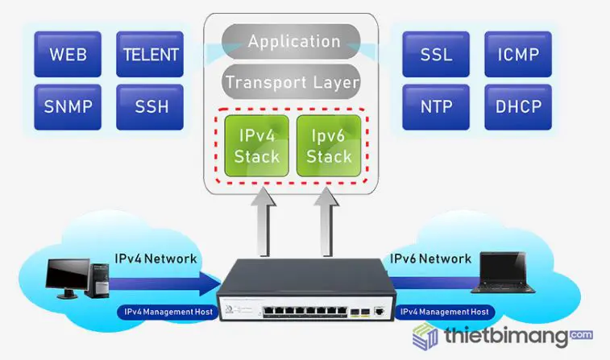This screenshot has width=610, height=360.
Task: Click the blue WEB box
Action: (x=68, y=55)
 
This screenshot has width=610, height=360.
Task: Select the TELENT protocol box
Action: (x=150, y=55)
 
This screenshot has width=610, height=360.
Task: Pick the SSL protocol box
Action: (x=436, y=55)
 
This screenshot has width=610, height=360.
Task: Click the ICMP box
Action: (x=518, y=55)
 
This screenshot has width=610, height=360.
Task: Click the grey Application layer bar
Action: (x=293, y=41)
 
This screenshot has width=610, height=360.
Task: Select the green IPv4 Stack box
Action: (x=256, y=145)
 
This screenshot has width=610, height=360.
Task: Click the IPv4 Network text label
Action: (x=156, y=259)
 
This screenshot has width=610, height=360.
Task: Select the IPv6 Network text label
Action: (x=430, y=259)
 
